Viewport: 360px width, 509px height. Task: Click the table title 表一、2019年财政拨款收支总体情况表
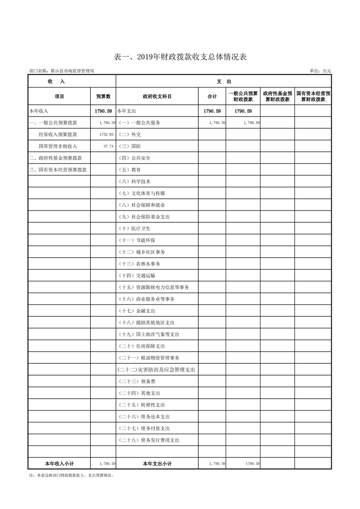point(180,57)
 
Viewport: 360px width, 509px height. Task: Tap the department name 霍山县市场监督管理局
point(62,71)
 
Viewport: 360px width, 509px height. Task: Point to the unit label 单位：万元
point(320,71)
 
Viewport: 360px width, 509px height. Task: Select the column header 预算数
point(103,97)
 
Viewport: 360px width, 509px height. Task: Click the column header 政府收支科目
point(157,97)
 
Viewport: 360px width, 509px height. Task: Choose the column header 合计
point(212,97)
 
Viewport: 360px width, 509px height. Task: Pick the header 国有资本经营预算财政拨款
point(313,97)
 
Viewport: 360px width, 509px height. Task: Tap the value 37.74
point(108,147)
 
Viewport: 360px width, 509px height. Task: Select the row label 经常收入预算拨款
point(58,135)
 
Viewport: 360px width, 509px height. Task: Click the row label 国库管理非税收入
point(58,147)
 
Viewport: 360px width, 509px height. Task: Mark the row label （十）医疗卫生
point(134,229)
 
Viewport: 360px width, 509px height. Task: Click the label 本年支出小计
point(157,464)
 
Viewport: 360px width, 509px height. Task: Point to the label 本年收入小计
point(59,464)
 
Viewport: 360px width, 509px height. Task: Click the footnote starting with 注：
point(71,475)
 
